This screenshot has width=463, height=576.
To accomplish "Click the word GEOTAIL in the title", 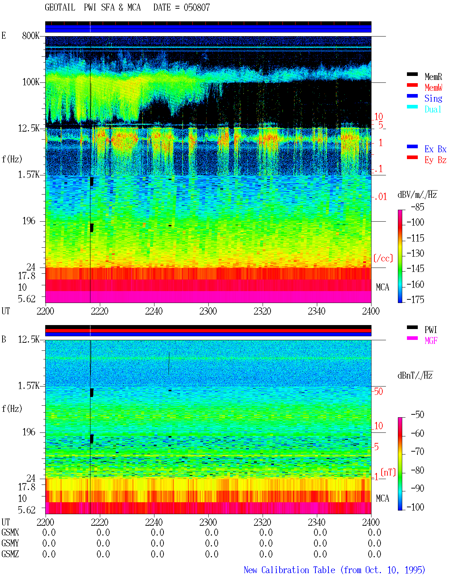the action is click(x=60, y=7).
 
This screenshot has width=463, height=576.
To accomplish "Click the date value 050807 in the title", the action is click(x=196, y=7).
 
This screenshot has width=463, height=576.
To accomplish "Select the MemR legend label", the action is click(x=433, y=77).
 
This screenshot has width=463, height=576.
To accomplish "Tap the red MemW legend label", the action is click(x=433, y=88).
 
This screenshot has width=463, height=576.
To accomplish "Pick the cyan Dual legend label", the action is click(x=433, y=109).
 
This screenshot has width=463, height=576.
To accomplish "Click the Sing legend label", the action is click(x=433, y=98).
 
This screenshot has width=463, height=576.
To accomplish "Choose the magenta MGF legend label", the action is click(x=431, y=341).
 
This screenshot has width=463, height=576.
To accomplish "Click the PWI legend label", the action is click(x=430, y=330).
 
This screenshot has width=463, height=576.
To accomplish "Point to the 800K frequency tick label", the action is click(x=30, y=35).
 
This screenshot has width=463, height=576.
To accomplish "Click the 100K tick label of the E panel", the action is click(x=30, y=82).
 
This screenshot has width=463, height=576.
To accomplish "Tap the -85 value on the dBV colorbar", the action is click(x=417, y=207).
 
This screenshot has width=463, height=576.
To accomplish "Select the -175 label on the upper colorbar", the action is click(x=415, y=299).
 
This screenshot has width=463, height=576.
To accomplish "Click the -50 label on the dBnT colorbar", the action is click(x=417, y=415).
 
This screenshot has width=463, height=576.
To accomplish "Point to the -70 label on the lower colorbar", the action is click(x=417, y=452).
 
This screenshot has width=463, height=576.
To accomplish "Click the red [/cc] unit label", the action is click(x=383, y=258).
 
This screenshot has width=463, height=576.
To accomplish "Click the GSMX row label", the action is click(x=10, y=532).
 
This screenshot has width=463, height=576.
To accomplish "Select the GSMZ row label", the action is click(x=10, y=554).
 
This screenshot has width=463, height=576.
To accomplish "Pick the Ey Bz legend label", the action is click(x=436, y=160).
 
